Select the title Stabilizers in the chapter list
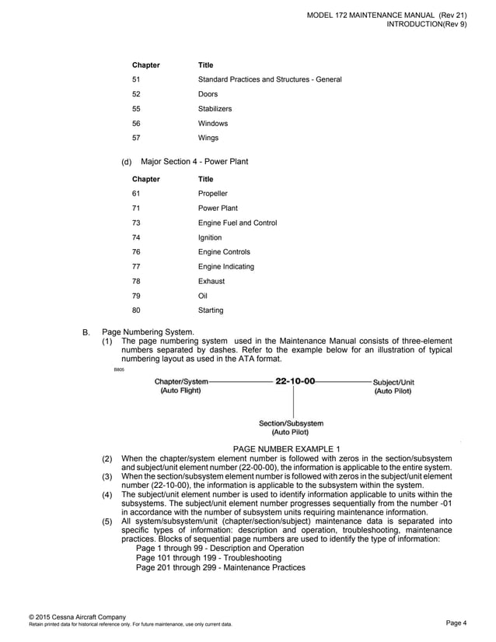point(215,109)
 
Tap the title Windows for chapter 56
point(212,124)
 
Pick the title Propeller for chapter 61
point(212,194)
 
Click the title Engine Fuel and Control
point(237,223)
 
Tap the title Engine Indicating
point(225,267)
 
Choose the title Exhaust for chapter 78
point(211,281)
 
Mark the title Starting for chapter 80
point(211,310)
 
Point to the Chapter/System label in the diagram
point(181,382)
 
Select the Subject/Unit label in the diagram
point(393,382)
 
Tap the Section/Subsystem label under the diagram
point(291,423)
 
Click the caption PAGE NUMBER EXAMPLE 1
point(287,449)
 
